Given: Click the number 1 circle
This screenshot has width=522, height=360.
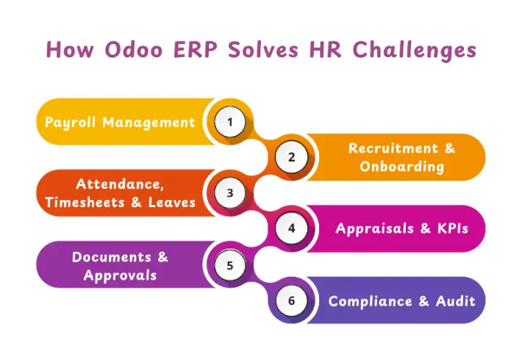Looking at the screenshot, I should (230, 122).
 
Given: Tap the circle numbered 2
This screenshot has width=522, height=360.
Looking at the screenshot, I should (291, 157).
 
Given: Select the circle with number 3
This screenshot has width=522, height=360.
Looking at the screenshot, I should (230, 193).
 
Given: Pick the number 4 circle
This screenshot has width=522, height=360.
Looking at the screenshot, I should (291, 228).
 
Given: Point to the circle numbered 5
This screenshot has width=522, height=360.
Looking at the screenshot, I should (230, 264).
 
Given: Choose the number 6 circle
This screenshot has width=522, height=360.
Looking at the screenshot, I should (291, 300).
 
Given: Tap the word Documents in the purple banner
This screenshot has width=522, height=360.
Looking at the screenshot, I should (112, 256).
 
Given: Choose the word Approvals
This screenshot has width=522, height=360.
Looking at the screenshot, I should (120, 275).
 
